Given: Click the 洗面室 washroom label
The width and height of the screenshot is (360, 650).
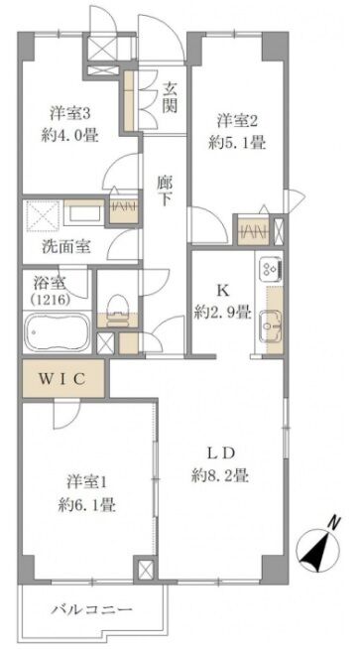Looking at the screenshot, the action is click(66, 247).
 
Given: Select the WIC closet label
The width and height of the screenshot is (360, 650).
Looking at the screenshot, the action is click(62, 378).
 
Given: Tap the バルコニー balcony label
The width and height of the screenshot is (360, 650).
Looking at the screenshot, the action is click(92, 609).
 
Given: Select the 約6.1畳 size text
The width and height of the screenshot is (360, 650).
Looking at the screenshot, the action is click(86, 505).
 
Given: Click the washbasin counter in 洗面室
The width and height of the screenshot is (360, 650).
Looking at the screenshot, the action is click(83, 212).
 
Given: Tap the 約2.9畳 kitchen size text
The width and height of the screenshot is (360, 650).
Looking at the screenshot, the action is click(223, 313).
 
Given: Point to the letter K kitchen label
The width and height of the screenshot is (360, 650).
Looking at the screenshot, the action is click(222, 291).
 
